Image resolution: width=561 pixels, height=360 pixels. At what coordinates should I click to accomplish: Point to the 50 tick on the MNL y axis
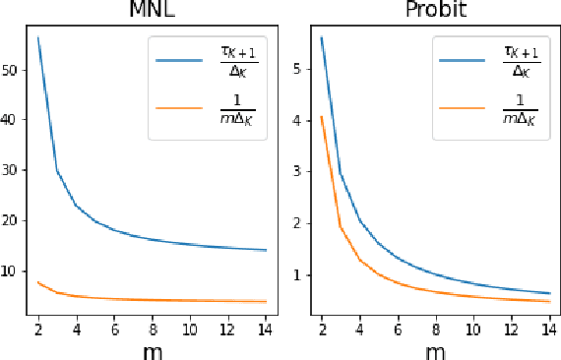click(x=13, y=70)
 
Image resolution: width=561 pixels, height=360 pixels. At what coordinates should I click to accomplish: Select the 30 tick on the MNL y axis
click(x=13, y=170)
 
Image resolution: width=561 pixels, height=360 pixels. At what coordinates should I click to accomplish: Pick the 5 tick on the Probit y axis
click(x=302, y=70)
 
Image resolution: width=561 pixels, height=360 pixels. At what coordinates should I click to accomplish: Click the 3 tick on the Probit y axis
click(x=302, y=172)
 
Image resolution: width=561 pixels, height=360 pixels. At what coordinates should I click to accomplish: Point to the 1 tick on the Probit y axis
click(x=302, y=275)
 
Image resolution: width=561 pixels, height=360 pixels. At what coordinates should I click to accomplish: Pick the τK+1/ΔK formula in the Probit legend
click(x=519, y=59)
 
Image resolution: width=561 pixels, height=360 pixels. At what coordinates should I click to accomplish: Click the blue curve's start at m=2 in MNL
click(x=37, y=37)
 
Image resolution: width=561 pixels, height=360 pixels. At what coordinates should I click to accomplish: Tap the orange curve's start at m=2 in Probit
click(x=322, y=117)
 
